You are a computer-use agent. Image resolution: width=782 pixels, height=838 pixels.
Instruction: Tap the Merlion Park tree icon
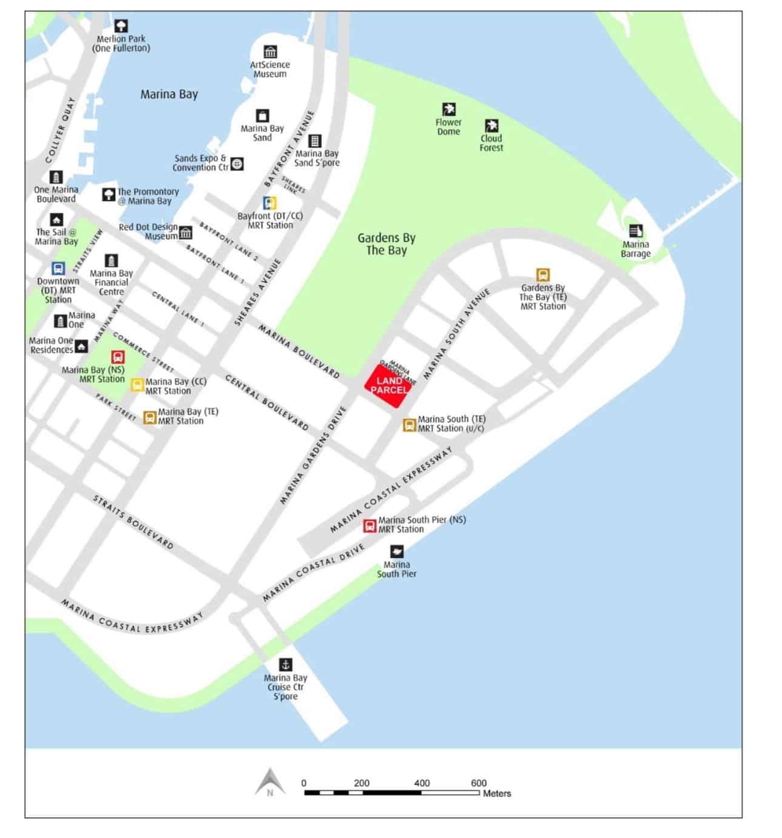coord(121,26)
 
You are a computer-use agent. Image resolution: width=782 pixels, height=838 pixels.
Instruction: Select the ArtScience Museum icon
coord(270,52)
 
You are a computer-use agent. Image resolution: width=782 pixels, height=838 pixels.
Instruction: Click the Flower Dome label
coord(449,127)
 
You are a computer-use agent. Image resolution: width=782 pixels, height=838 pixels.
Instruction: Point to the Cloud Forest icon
coord(492,126)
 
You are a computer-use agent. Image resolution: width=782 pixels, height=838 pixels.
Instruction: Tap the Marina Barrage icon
coord(635,231)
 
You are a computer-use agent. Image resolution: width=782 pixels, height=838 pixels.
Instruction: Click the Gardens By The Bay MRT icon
coord(543,274)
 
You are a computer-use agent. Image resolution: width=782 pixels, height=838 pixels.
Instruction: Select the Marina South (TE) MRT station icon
coord(410,425)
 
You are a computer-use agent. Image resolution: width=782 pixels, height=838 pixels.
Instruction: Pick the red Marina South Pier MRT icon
coord(370,525)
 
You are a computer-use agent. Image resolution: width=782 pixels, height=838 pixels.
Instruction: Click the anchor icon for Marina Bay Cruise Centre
coord(286,665)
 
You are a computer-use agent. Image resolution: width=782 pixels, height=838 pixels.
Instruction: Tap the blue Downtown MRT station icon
coord(58,268)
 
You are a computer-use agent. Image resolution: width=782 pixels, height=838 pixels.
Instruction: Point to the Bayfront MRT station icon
coord(270,203)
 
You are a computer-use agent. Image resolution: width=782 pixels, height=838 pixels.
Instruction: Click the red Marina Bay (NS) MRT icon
coord(118,357)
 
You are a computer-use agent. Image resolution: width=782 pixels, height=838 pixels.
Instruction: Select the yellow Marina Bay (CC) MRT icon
coord(138,384)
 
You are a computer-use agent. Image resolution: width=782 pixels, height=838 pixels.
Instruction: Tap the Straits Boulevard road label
coord(133,522)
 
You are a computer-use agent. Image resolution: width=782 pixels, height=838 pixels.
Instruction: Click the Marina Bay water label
coord(169,95)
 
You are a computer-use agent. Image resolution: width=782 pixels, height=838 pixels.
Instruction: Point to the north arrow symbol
coord(270,782)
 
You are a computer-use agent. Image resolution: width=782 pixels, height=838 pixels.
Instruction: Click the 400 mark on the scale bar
coord(422,783)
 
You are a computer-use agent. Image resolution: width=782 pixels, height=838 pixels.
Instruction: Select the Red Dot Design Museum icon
coord(185,233)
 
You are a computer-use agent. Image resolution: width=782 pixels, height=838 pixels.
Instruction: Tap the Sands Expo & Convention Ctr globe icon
coord(238,163)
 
